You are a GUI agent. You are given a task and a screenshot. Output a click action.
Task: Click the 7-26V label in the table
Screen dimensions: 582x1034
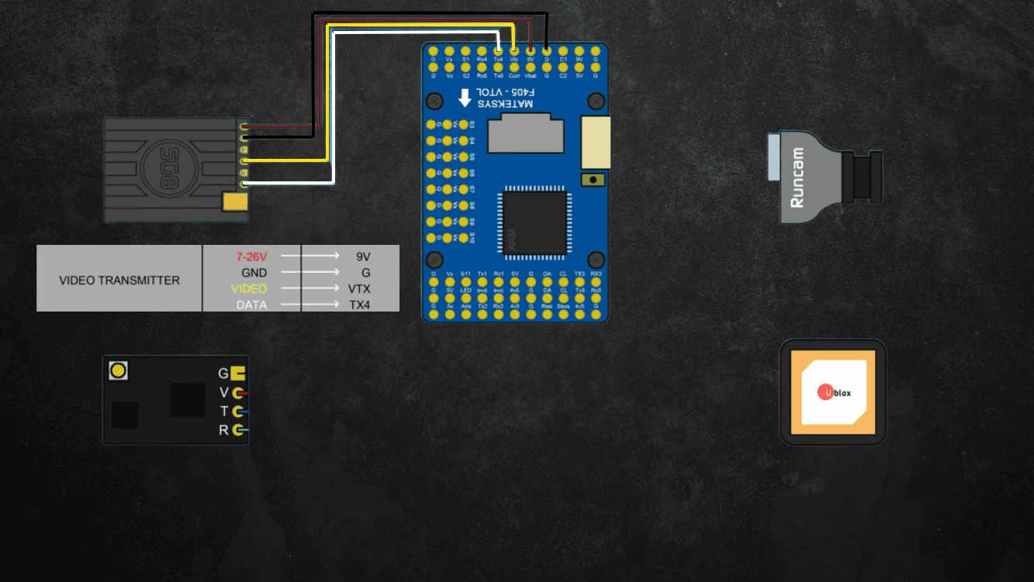pyautogui.click(x=251, y=256)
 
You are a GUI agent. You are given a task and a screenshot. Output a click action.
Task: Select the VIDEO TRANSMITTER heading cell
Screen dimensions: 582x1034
pyautogui.click(x=119, y=280)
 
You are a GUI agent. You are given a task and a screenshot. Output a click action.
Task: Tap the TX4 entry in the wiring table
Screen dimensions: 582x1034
pyautogui.click(x=359, y=305)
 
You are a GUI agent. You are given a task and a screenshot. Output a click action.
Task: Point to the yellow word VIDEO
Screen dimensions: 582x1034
pyautogui.click(x=249, y=289)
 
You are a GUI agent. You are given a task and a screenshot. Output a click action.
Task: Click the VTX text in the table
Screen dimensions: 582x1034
pyautogui.click(x=359, y=289)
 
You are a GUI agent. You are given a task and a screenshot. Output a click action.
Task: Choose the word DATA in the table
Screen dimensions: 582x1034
pyautogui.click(x=251, y=305)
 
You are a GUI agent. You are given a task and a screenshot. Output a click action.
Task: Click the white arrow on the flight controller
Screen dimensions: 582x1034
pyautogui.click(x=464, y=98)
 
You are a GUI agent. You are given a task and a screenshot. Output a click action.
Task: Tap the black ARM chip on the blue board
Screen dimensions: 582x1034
pyautogui.click(x=534, y=222)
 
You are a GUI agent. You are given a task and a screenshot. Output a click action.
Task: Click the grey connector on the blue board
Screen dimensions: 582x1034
pyautogui.click(x=526, y=133)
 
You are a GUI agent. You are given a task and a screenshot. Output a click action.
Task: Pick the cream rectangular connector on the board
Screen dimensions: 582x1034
pyautogui.click(x=596, y=142)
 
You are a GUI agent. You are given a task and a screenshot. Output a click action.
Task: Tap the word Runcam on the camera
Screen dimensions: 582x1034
pyautogui.click(x=797, y=178)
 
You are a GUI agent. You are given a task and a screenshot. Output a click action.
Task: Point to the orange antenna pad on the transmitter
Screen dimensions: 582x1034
pyautogui.click(x=234, y=202)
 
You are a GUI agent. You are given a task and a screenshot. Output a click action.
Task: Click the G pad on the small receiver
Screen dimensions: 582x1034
pyautogui.click(x=237, y=373)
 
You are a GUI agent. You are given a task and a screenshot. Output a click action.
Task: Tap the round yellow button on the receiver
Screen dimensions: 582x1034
pyautogui.click(x=118, y=370)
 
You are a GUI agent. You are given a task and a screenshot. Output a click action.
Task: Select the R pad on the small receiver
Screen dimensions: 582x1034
pyautogui.click(x=238, y=430)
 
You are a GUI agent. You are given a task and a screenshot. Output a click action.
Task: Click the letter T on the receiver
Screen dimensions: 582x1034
pyautogui.click(x=223, y=412)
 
